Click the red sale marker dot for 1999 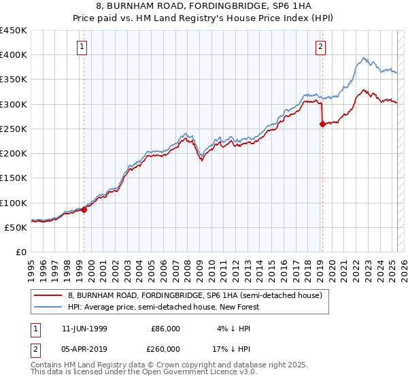[84, 210]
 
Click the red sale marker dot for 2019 [322, 124]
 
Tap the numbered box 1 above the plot [82, 47]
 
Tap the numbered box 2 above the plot [320, 47]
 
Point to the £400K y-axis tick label [14, 55]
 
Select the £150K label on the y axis [14, 178]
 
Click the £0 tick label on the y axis [21, 252]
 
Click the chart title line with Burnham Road [204, 7]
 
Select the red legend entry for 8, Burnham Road [199, 296]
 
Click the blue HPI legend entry [164, 307]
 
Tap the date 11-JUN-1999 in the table [84, 329]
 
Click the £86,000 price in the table [166, 329]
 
